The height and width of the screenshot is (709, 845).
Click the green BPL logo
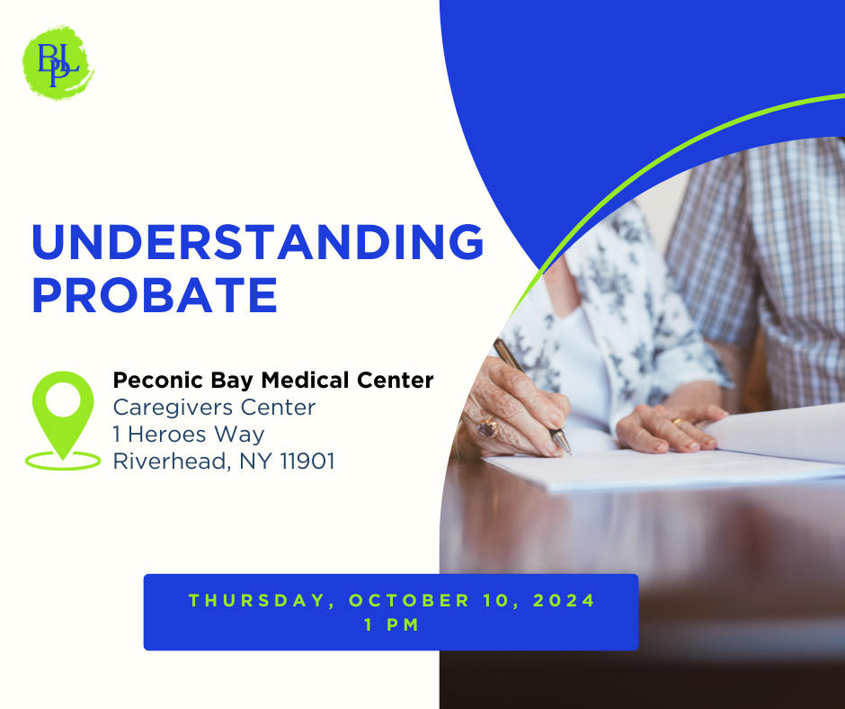58,62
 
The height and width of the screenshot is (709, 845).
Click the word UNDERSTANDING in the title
258,242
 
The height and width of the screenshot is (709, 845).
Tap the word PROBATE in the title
155,295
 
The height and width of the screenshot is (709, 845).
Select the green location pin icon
63,420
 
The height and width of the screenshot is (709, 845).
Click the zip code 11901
307,462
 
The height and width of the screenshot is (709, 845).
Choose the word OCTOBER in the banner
410,600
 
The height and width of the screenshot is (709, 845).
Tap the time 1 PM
392,624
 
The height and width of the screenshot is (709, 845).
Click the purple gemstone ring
488,427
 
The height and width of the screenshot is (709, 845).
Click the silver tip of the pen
563,443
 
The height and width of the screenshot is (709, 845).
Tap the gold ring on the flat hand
677,421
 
